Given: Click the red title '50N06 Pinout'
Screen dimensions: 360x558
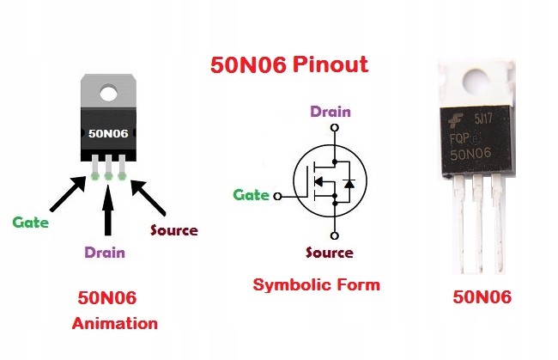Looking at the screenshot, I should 289,64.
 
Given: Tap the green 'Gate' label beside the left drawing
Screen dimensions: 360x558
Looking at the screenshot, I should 30,223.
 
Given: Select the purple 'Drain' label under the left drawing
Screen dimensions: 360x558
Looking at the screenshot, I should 104,253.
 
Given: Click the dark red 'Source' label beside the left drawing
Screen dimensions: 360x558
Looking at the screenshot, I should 173,230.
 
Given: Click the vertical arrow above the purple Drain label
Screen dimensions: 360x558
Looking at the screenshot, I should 108,210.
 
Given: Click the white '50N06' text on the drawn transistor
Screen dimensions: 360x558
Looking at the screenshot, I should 108,134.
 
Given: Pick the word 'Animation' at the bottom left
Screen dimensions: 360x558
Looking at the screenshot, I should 114,324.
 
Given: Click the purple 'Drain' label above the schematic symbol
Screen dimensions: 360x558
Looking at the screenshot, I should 330,111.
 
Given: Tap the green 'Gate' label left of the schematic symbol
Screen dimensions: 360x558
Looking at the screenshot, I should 251,195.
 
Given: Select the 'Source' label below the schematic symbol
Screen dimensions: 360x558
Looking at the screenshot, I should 330,253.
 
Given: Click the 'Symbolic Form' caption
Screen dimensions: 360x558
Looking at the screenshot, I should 316,284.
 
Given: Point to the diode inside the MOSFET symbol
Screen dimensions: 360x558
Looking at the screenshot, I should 347,183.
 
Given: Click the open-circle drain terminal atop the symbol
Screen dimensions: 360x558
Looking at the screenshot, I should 331,126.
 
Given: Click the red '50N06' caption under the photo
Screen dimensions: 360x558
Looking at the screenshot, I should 482,297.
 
